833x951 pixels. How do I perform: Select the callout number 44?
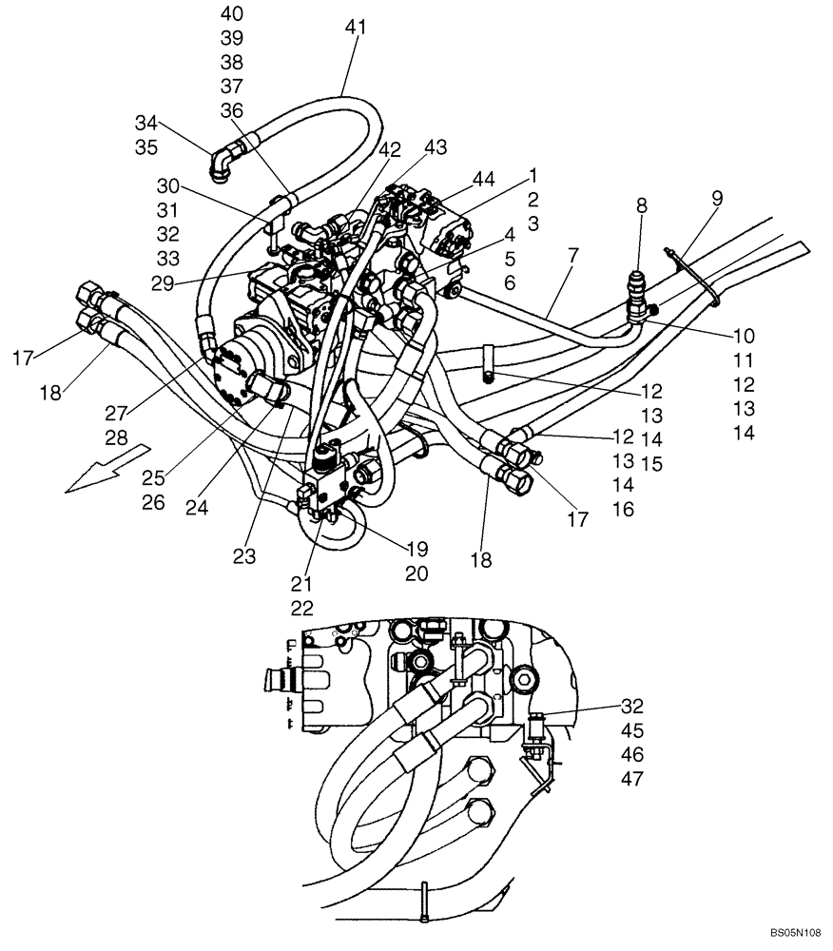pyautogui.click(x=484, y=179)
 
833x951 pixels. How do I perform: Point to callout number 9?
pyautogui.click(x=716, y=198)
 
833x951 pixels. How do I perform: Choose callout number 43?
pyautogui.click(x=436, y=147)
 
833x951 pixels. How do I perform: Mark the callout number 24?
pyautogui.click(x=197, y=508)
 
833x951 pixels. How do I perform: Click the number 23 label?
pyautogui.click(x=245, y=556)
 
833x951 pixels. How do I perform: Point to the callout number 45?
pyautogui.click(x=631, y=730)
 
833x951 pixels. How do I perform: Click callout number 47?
pyautogui.click(x=631, y=779)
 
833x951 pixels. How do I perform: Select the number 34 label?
pyautogui.click(x=145, y=123)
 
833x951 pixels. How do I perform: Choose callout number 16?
pyautogui.click(x=624, y=510)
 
